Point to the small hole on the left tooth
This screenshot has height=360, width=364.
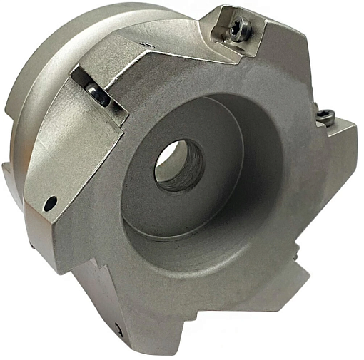[x=49, y=203]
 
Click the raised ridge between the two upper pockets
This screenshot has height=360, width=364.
[x=164, y=50]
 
